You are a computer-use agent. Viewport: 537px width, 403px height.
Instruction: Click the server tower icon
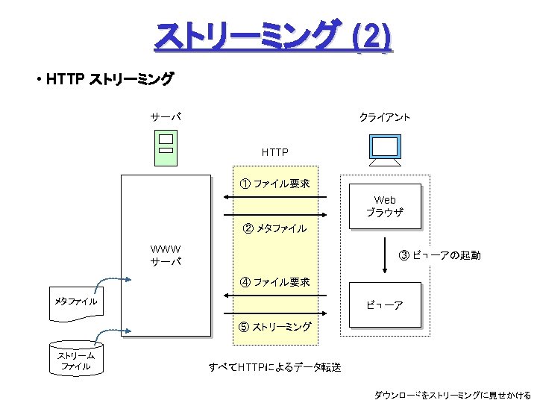[166, 146]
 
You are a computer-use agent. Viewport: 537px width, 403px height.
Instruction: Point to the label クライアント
[384, 117]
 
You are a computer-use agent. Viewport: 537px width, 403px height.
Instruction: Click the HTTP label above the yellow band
[274, 152]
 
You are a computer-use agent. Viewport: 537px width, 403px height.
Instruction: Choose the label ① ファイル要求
[274, 184]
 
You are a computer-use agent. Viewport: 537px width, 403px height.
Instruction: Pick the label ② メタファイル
[274, 228]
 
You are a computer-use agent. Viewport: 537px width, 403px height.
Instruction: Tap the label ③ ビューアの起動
[439, 255]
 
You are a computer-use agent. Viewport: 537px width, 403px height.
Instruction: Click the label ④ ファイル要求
[274, 282]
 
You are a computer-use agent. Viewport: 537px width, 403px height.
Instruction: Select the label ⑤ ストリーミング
[274, 327]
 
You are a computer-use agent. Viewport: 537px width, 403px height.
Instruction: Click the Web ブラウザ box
[385, 206]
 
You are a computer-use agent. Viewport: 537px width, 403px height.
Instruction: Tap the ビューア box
[385, 305]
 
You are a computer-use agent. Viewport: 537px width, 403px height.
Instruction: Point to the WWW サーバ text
[166, 255]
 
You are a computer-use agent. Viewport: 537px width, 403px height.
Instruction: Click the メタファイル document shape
[76, 302]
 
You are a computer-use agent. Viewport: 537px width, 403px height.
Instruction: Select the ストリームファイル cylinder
[76, 360]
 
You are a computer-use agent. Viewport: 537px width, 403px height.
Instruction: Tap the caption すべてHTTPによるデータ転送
[274, 366]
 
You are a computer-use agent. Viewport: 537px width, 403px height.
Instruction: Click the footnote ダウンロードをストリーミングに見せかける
[452, 395]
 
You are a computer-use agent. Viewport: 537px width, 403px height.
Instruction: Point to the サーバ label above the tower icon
[165, 117]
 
